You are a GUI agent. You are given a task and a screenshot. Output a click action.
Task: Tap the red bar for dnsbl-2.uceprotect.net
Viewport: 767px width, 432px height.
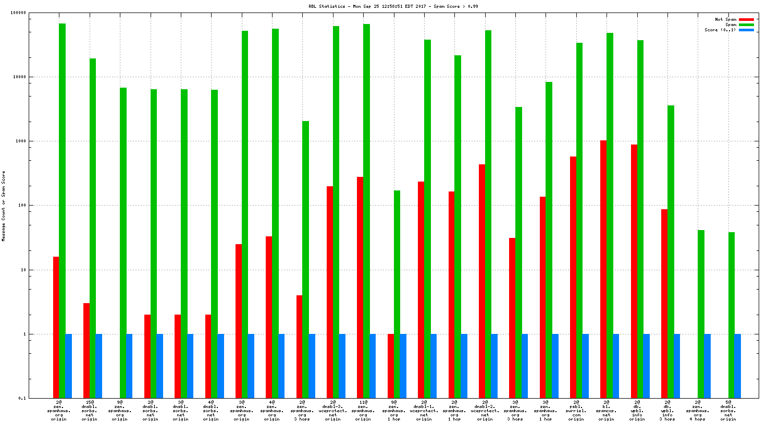(x=482, y=281)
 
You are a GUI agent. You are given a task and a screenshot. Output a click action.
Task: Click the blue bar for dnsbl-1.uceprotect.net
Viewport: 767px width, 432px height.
(x=434, y=366)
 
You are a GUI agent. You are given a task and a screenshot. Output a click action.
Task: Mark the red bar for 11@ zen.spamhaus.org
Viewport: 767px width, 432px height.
(x=360, y=287)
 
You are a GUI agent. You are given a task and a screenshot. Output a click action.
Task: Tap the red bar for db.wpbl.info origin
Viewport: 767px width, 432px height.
(x=634, y=271)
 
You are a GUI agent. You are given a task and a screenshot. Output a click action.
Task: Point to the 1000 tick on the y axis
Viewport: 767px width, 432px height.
(x=20, y=141)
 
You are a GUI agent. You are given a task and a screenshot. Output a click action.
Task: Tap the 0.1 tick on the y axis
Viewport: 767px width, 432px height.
(x=22, y=398)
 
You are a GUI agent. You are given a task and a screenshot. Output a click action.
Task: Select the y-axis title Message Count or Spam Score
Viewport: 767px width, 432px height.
(x=3, y=206)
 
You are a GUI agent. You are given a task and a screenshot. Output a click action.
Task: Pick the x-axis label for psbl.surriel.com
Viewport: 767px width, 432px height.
(x=576, y=410)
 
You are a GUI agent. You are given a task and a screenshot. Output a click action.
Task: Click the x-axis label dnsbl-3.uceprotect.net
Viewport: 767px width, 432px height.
(x=333, y=410)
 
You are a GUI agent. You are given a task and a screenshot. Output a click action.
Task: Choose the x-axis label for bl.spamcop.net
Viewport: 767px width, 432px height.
(x=606, y=410)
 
